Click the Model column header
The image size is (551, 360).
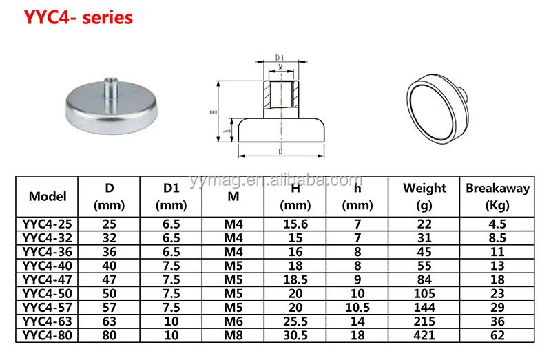(48, 196)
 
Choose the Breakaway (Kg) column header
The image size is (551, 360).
(497, 196)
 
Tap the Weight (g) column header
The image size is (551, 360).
(424, 196)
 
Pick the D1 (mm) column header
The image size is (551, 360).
(171, 196)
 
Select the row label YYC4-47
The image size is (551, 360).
(48, 279)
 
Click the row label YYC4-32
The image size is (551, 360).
(48, 237)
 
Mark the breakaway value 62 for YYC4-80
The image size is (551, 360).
(497, 335)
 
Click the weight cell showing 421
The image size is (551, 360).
(424, 335)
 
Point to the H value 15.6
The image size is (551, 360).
(295, 223)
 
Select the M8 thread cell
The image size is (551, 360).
(233, 335)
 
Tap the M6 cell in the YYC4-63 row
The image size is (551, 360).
(233, 321)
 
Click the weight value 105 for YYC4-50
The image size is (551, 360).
(424, 293)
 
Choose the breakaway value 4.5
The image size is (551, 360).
(497, 223)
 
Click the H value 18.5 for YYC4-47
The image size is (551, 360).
(295, 279)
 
